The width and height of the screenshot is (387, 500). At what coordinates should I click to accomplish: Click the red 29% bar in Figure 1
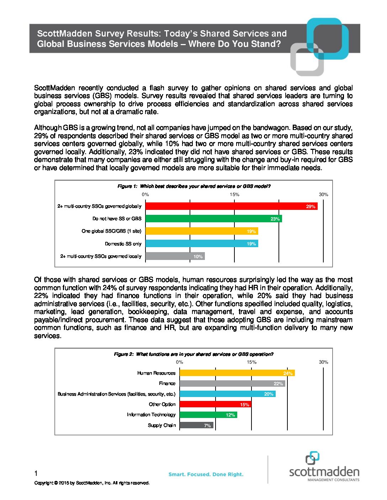coord(231,206)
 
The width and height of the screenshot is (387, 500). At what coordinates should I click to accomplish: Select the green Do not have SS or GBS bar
coord(213,219)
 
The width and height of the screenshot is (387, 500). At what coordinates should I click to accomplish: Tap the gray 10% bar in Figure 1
coord(175,256)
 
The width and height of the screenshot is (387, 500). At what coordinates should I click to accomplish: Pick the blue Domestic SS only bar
coord(202,244)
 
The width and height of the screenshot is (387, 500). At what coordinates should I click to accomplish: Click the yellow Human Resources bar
coord(237,373)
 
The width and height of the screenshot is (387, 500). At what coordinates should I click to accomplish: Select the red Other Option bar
coord(215,404)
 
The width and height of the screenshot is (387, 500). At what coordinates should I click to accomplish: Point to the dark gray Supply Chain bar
coord(196,425)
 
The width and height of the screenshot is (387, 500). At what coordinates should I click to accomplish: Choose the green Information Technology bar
coord(208,415)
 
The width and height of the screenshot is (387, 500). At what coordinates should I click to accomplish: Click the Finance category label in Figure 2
coord(167,384)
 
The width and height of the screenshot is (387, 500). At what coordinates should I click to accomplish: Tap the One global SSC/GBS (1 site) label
coord(111,231)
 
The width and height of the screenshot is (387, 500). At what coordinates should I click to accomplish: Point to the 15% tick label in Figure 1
coord(234,195)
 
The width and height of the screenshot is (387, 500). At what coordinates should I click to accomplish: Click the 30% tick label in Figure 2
coord(323,362)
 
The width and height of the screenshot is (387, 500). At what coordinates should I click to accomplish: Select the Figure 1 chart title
coord(194,186)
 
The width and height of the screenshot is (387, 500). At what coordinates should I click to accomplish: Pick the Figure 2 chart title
coord(193,354)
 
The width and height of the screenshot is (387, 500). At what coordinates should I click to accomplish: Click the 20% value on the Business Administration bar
coord(269,394)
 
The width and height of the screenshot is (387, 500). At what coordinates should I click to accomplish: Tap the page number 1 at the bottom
coord(36,473)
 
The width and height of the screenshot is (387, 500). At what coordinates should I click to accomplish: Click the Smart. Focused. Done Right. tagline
coord(206,474)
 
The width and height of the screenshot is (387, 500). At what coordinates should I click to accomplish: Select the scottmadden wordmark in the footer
coord(324,472)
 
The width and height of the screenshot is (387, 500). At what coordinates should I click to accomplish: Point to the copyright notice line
coord(92,483)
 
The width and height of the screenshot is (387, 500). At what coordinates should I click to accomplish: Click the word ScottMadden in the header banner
coord(64,34)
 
